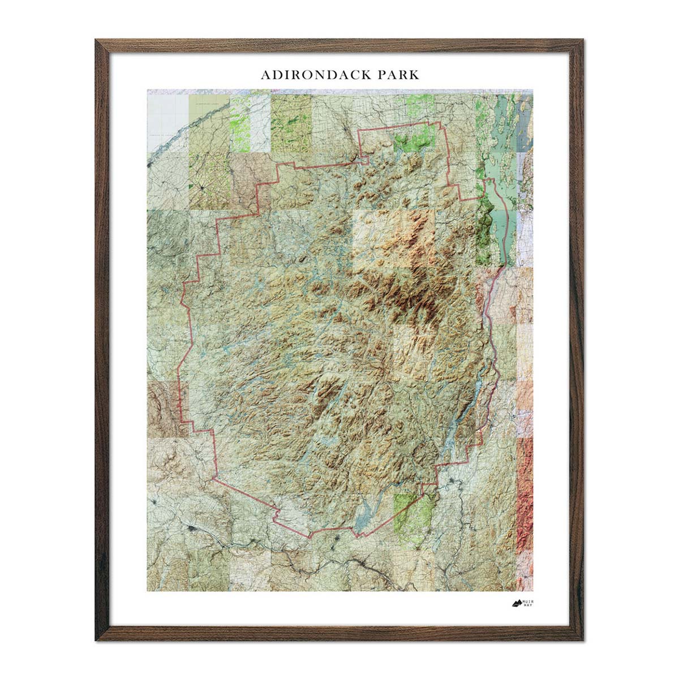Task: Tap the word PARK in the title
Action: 396,75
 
